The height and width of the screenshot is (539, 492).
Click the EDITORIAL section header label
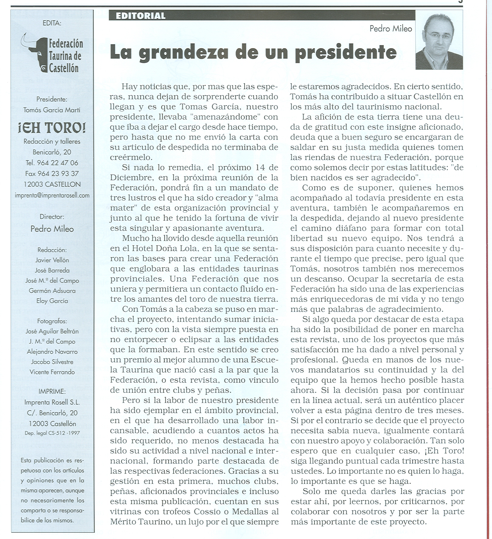click(x=141, y=16)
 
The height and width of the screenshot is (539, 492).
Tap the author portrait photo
click(x=439, y=40)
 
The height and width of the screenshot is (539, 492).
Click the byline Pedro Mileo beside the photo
click(x=391, y=29)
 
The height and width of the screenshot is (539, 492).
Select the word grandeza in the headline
click(x=178, y=52)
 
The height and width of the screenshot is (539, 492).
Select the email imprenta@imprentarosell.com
click(x=52, y=195)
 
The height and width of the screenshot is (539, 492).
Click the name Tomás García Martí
click(x=52, y=110)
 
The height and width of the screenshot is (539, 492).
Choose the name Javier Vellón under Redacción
click(x=52, y=260)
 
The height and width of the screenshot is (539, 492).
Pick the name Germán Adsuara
click(x=52, y=291)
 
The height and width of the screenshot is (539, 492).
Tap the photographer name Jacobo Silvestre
click(x=52, y=362)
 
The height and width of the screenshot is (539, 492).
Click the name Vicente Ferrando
click(x=52, y=372)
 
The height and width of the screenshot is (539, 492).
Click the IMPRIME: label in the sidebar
click(x=52, y=392)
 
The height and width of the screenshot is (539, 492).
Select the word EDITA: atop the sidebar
click(x=52, y=23)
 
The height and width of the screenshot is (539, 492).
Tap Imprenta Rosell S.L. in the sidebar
click(x=52, y=402)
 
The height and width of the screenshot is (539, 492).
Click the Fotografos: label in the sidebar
click(x=52, y=321)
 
